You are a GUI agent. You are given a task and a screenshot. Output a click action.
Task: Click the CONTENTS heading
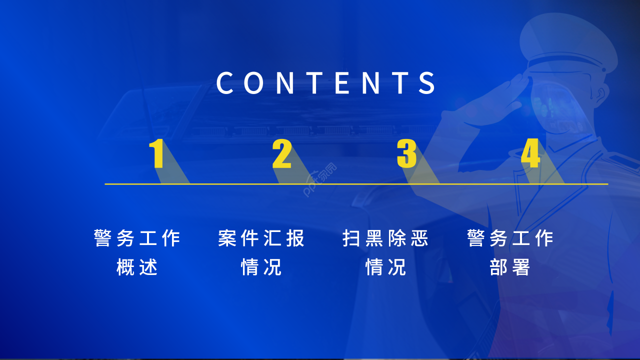(x=326, y=83)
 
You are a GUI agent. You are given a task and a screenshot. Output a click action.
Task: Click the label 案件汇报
(x=261, y=238)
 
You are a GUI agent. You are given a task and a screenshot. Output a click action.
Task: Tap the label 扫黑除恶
(x=385, y=238)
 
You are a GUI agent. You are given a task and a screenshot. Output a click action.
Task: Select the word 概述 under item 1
(x=137, y=267)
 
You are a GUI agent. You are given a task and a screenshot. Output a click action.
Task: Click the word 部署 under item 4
(x=510, y=267)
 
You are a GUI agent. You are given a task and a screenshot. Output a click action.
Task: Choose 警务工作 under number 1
(x=137, y=238)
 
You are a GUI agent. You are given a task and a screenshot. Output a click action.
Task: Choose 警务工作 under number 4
(x=510, y=238)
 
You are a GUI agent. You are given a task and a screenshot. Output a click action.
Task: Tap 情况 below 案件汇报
(x=261, y=267)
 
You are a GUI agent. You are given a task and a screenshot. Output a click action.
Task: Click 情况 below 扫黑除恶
(x=385, y=267)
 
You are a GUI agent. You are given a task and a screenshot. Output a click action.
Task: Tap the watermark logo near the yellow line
(x=319, y=180)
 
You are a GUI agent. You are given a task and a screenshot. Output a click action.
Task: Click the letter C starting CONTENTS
(x=225, y=83)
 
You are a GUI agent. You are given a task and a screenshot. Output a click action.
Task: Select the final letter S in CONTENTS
(x=427, y=83)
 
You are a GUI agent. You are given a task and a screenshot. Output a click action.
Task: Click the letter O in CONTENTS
(x=255, y=83)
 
